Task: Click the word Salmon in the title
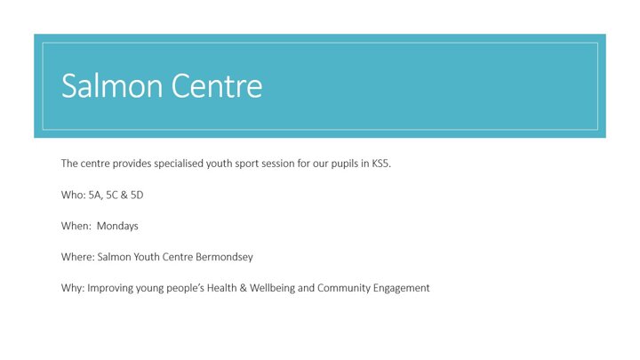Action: coord(112,85)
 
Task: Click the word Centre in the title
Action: coord(217,85)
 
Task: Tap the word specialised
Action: coord(179,164)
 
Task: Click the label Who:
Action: coord(74,195)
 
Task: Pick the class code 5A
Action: coord(95,195)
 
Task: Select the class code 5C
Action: coord(112,195)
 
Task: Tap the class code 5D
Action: coord(137,195)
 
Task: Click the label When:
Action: coord(76,226)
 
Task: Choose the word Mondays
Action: coord(117,226)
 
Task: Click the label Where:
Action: coord(78,257)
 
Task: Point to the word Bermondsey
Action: coord(224,257)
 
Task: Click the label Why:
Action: coord(73,288)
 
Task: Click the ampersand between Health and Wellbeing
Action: coord(244,288)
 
